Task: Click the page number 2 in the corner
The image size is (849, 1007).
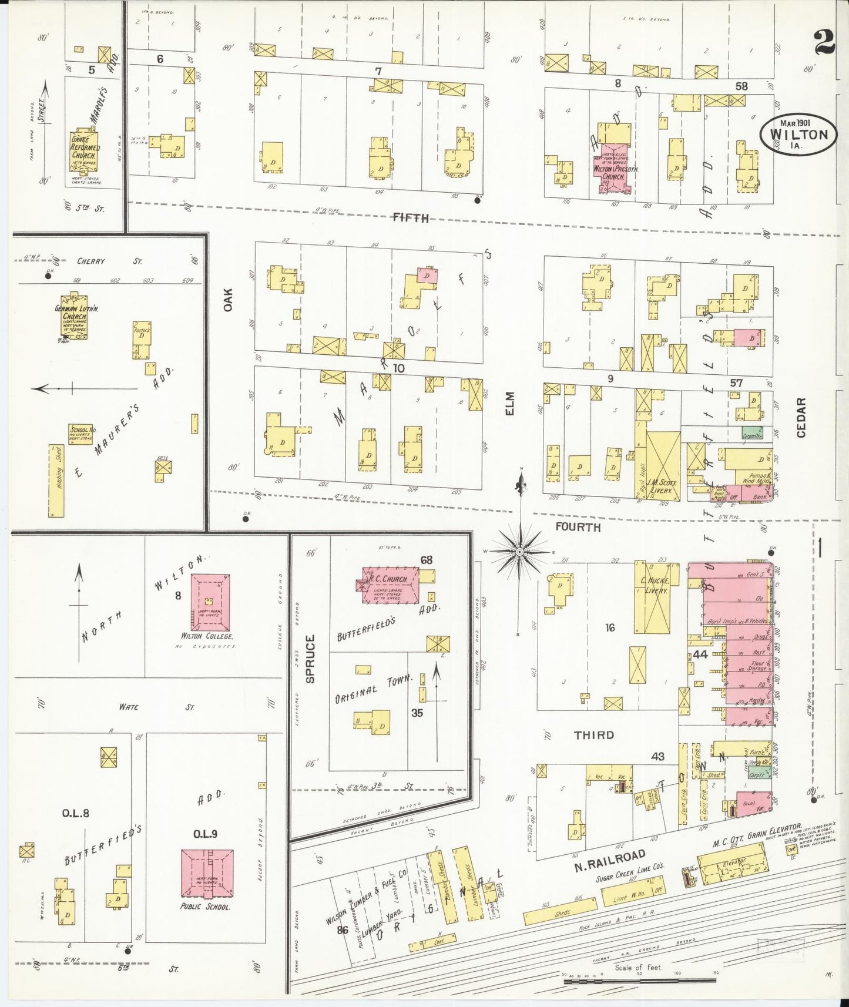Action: coord(824,42)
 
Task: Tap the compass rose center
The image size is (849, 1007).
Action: coord(519,552)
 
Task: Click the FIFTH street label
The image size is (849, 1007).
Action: coord(411,218)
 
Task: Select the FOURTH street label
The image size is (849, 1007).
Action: coord(578,527)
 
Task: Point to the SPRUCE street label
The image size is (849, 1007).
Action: coord(310,658)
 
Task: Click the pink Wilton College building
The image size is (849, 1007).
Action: coord(210,602)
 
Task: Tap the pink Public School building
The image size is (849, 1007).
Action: coord(206,873)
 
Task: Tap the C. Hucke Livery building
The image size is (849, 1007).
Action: coord(652,596)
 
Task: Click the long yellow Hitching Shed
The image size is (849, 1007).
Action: coord(56,480)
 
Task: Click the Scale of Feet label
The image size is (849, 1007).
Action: coord(637,967)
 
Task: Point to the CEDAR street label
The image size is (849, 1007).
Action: coord(801,417)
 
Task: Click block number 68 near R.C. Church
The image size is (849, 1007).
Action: coord(426,560)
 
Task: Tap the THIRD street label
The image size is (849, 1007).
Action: coord(594,735)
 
